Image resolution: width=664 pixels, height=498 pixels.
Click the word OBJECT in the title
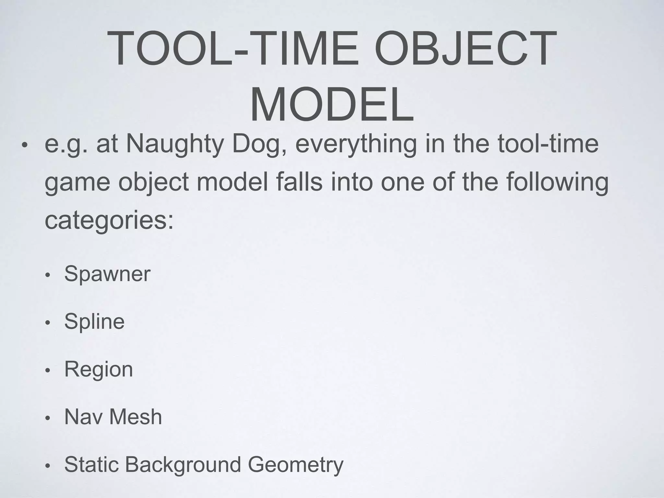point(465,48)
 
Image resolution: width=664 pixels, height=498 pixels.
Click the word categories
point(109,221)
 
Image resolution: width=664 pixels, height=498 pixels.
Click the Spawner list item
point(107,274)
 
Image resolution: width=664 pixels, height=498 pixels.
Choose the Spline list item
point(94,322)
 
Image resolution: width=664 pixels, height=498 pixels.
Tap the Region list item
point(99,370)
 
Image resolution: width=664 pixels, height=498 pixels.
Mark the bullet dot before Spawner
point(48,276)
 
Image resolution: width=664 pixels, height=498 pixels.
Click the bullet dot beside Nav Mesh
point(48,419)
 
